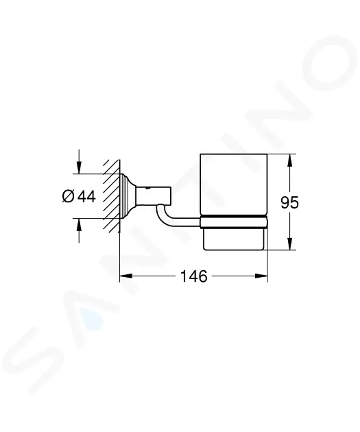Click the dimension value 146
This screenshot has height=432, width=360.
click(x=193, y=276)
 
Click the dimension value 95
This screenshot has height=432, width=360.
click(x=289, y=202)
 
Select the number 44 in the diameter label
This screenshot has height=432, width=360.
click(x=87, y=197)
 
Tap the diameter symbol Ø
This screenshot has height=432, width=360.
click(x=69, y=197)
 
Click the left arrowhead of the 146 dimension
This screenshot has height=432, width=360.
click(x=126, y=276)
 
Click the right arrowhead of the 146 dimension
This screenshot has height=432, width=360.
click(x=261, y=276)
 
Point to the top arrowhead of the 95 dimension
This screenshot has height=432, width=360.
click(x=289, y=160)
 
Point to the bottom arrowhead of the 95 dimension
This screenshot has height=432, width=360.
click(x=289, y=243)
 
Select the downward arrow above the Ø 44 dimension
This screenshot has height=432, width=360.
click(x=79, y=162)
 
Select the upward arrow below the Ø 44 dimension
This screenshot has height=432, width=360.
click(x=79, y=230)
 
